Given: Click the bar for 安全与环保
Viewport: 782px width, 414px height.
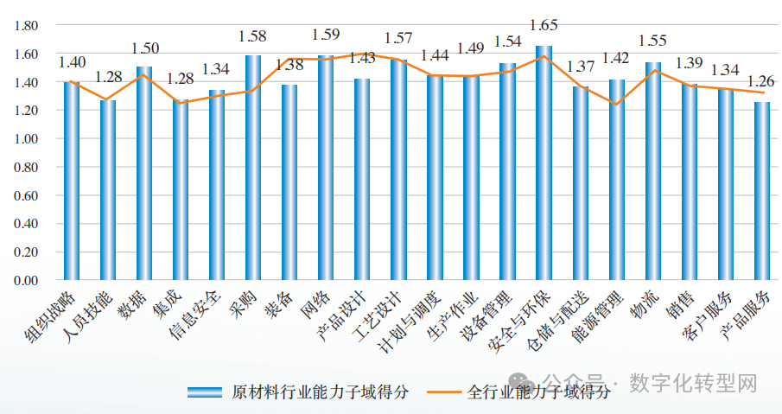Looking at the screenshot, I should point(544,164).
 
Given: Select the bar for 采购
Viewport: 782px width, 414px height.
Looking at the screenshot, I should point(252,169).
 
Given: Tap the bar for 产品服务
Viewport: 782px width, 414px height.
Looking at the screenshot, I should point(762,192).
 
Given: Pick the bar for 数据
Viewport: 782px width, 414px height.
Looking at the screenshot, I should point(143,174).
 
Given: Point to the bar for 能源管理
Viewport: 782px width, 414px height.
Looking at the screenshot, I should point(616,180).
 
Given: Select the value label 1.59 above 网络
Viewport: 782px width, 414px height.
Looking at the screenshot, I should point(326,35).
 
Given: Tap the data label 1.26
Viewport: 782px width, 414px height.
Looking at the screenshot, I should point(762,89).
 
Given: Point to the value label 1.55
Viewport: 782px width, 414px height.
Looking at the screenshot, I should point(652,40).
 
